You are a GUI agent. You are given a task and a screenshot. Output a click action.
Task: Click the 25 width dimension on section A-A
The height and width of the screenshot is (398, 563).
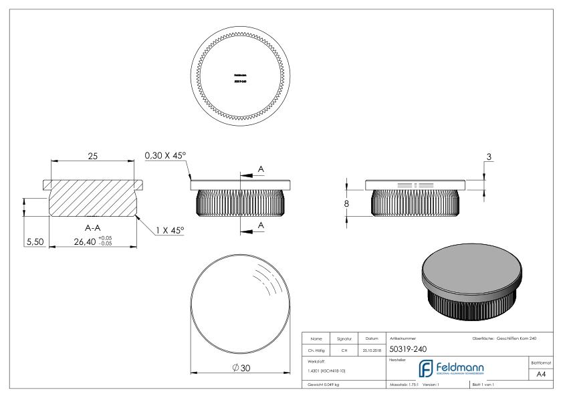pyautogui.click(x=94, y=157)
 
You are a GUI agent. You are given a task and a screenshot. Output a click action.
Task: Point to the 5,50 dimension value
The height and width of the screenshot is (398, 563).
pyautogui.click(x=33, y=242)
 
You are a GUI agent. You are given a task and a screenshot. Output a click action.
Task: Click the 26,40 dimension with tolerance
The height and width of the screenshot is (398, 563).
pyautogui.click(x=94, y=242)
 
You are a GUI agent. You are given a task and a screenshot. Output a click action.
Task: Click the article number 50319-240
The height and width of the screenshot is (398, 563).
pyautogui.click(x=409, y=349)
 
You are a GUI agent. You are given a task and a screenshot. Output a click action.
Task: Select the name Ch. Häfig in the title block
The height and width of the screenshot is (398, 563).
pyautogui.click(x=317, y=349)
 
